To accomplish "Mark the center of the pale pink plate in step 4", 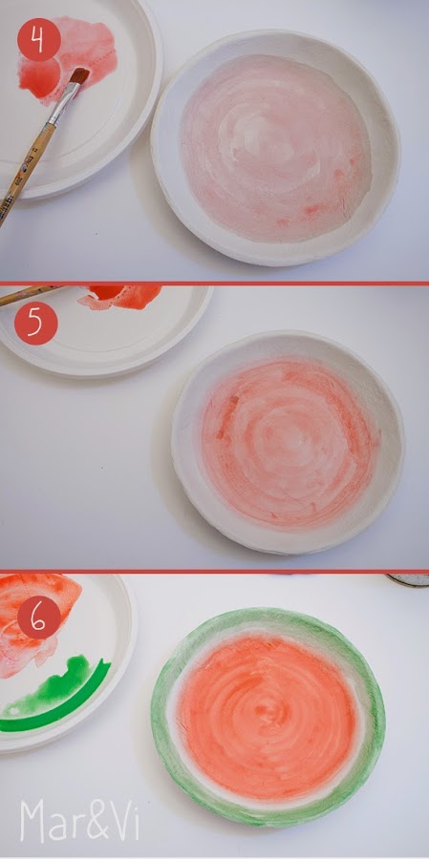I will click(x=274, y=148).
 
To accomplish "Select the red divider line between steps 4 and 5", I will click(x=214, y=283).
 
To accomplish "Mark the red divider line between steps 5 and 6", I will click(x=214, y=571).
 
